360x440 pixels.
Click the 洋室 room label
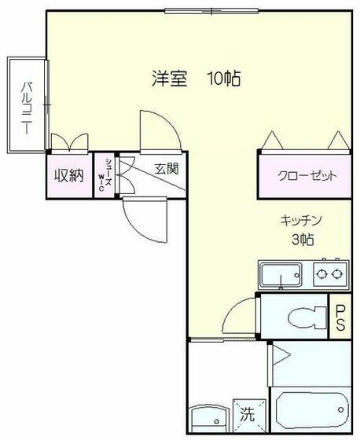169,79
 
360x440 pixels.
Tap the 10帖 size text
224,79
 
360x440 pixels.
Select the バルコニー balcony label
27,108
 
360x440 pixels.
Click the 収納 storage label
69,176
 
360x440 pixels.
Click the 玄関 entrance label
166,169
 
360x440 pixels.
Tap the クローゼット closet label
307,176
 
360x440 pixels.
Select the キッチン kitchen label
300,221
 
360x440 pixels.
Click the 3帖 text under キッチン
303,240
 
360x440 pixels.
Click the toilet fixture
307,317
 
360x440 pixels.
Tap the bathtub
312,409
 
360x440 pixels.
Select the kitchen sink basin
281,275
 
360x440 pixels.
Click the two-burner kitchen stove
331,273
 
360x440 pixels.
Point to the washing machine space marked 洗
249,415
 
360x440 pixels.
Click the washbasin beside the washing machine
211,419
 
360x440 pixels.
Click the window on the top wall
211,11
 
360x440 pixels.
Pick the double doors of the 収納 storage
70,142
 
